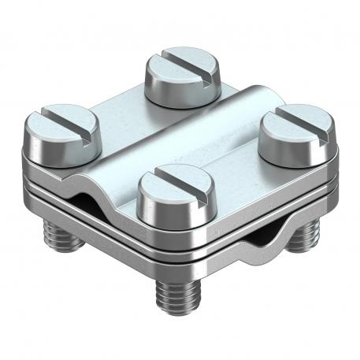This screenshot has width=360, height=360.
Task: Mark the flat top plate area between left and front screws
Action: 114,158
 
